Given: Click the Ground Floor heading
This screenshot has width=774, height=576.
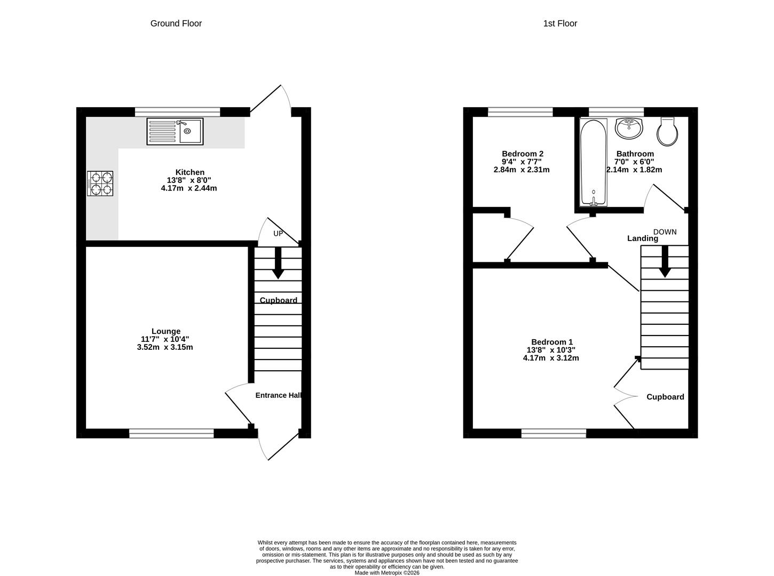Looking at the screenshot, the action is [x=176, y=23].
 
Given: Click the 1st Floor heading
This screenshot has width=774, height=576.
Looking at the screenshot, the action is [x=560, y=23].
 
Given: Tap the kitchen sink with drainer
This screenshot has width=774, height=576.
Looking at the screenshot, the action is [x=175, y=131].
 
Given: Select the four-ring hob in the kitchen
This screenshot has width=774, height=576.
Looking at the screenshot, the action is [x=100, y=183].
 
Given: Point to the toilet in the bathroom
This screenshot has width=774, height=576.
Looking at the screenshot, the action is [x=667, y=131].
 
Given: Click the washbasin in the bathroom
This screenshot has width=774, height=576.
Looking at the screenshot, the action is [x=629, y=128].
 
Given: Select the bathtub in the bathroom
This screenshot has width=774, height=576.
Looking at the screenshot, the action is [x=593, y=163].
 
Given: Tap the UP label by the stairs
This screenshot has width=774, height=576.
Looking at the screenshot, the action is [x=278, y=234].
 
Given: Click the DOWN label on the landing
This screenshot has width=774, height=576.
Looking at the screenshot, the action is [x=665, y=232].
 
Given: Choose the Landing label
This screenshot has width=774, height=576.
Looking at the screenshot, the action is [x=643, y=238].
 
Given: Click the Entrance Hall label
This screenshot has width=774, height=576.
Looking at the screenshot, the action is [x=278, y=395].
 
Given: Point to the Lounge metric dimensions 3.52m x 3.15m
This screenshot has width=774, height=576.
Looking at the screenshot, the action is [x=165, y=347].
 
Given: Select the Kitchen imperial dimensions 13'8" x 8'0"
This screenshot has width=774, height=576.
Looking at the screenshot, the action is [x=189, y=180].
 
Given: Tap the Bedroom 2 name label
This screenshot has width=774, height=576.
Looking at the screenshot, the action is [x=523, y=154].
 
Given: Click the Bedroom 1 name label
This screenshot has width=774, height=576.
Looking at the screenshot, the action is [x=552, y=342].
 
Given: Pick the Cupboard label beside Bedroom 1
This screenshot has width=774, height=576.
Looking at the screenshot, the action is [x=665, y=397].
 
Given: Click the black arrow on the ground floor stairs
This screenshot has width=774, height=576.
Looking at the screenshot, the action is [x=278, y=263].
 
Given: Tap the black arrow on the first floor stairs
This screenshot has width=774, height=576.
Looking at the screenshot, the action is [x=665, y=261].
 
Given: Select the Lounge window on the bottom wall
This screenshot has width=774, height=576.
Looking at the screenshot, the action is [x=171, y=434].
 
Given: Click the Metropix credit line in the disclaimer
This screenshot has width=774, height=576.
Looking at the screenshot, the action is [x=387, y=573].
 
